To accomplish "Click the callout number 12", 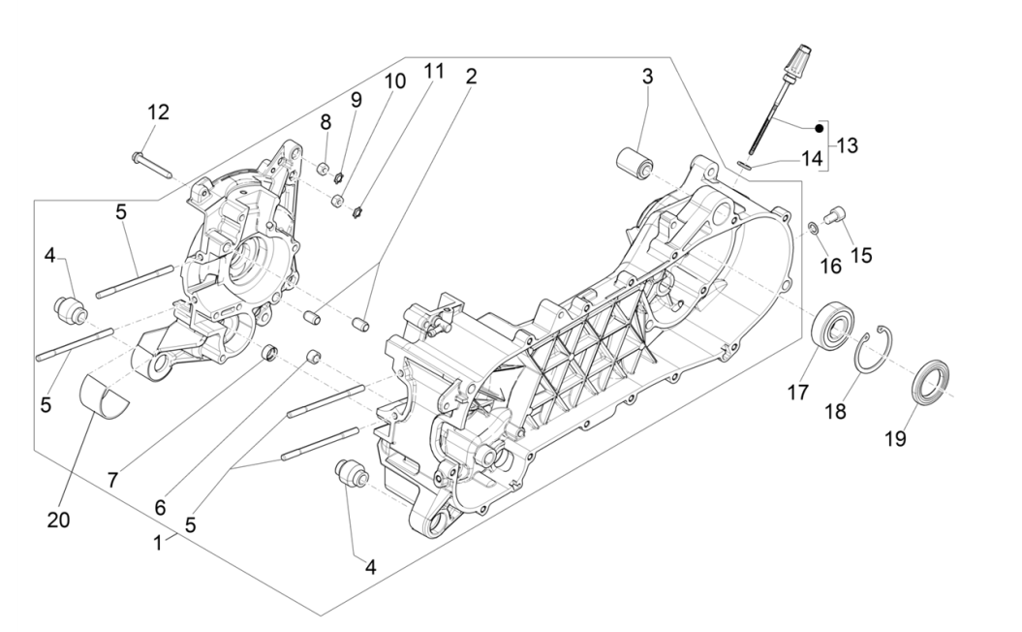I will point(158,112).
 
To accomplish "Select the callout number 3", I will point(647,77).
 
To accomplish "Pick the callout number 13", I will point(847,146).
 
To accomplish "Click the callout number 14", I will point(811,158).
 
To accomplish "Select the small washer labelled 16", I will point(816,228).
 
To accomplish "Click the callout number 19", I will point(895,438).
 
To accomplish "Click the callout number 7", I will point(113,479).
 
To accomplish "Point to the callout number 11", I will point(433,71).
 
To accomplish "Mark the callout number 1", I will point(157,544).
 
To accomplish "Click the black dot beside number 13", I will point(819,127).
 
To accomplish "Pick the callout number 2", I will point(471,77).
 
